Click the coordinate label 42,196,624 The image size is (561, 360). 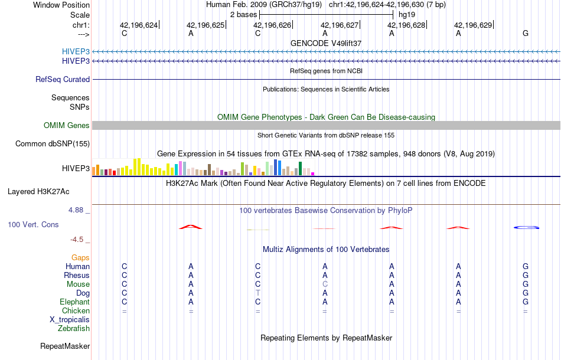click(139, 25)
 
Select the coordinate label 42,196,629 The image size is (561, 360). click(473, 25)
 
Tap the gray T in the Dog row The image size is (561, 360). click(257, 293)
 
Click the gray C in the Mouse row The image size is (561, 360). click(325, 284)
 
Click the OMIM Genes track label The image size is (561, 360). click(67, 125)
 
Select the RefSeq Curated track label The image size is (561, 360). click(63, 79)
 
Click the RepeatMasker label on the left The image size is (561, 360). click(65, 346)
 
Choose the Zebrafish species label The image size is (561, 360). click(73, 328)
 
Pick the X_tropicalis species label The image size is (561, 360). click(70, 319)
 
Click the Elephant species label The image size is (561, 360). click(74, 302)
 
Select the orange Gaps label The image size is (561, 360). click(80, 258)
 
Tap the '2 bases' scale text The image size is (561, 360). click(243, 14)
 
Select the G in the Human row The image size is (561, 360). click(526, 267)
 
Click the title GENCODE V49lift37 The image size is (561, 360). click(326, 43)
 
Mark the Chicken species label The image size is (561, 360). click(76, 310)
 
